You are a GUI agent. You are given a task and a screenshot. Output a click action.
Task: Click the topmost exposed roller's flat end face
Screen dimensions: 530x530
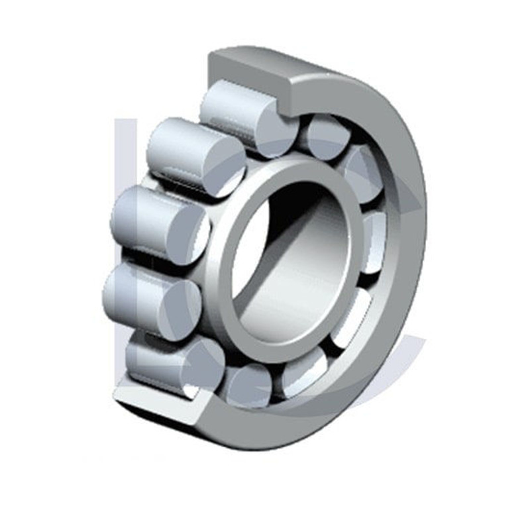click(268, 129)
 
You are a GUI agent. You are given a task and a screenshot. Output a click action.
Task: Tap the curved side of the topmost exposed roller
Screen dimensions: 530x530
click(229, 106)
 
